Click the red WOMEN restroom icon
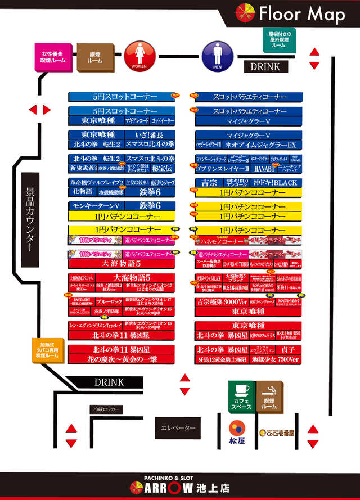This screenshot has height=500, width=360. click(139, 55)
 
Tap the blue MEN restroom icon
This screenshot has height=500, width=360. click(218, 55)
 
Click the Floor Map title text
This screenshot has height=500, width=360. click(301, 13)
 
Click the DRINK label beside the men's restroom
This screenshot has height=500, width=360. click(265, 66)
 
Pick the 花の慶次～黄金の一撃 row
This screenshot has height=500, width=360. click(121, 358)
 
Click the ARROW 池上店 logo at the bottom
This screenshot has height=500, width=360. click(180, 487)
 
